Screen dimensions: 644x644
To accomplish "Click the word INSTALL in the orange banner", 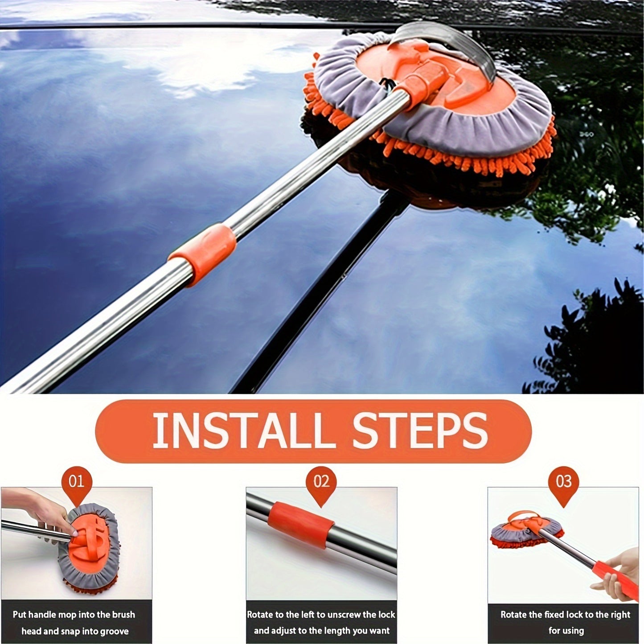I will [243, 431].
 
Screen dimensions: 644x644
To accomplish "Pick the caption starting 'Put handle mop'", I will [74, 623].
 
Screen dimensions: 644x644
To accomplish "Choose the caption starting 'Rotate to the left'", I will [321, 623].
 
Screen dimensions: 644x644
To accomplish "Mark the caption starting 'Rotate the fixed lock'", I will [565, 623].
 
